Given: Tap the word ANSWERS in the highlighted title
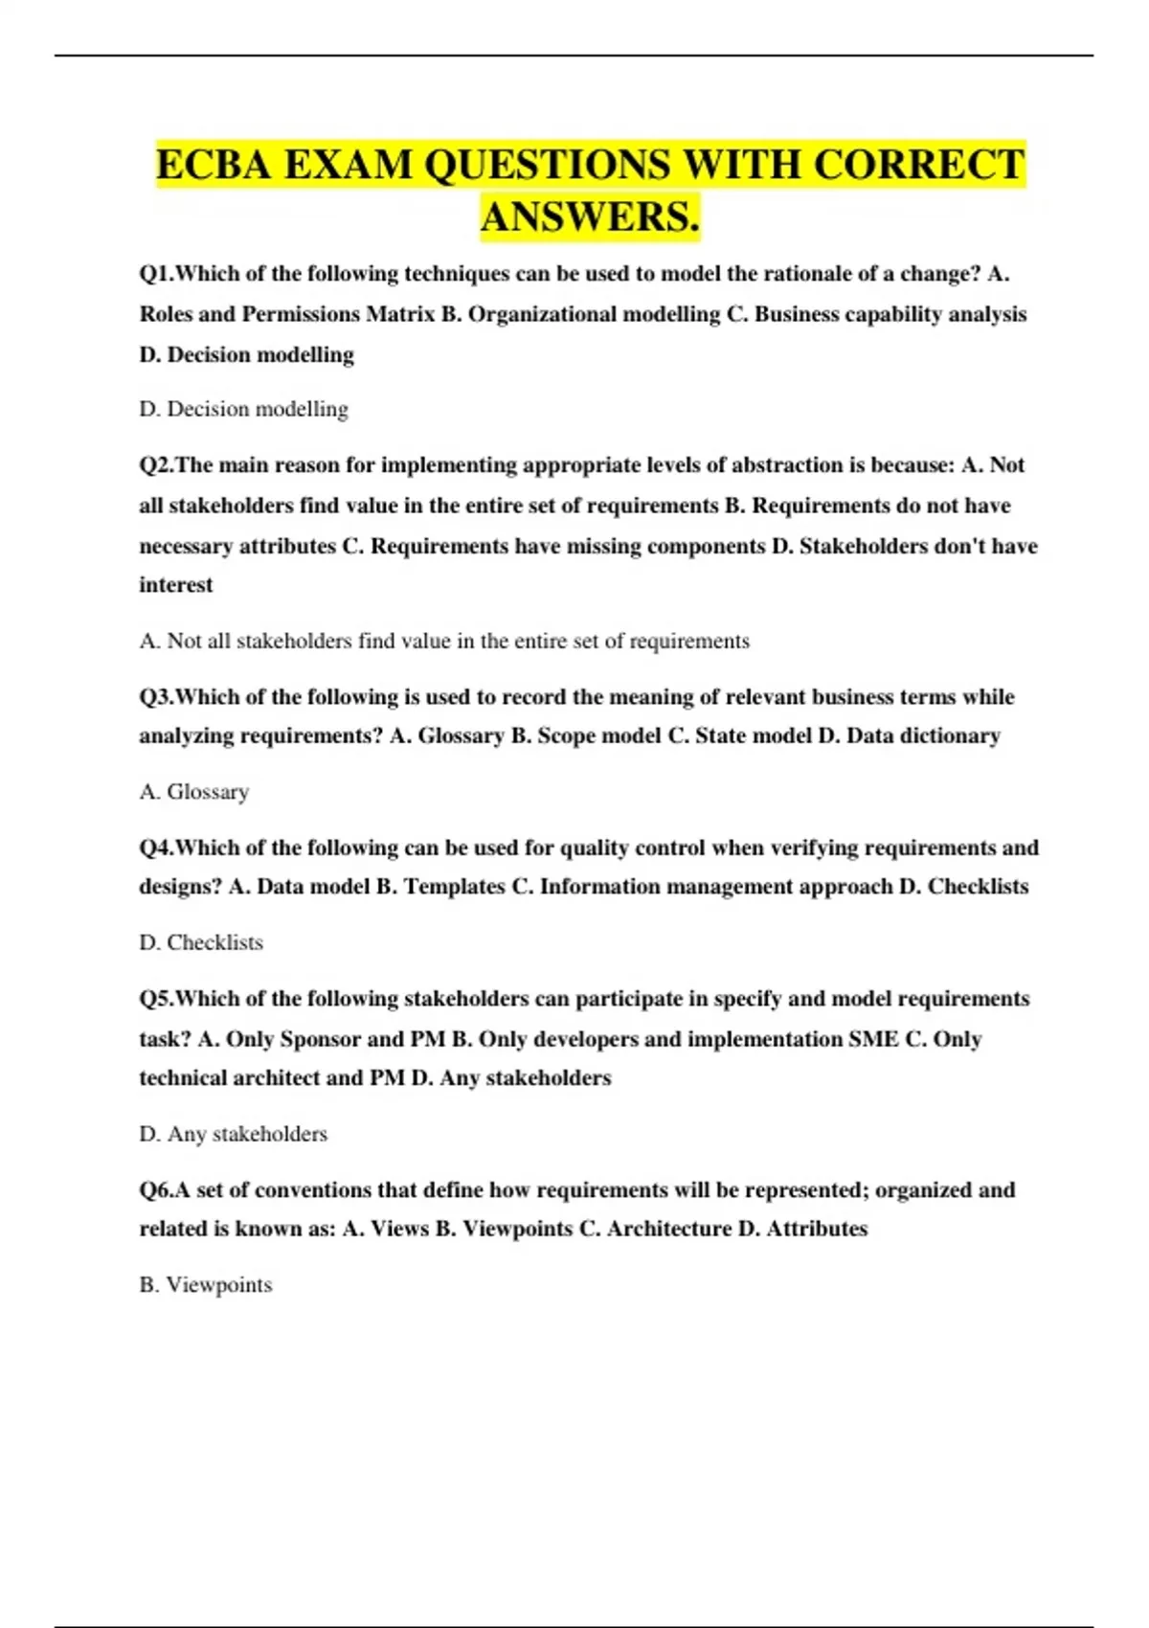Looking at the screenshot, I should (x=590, y=216).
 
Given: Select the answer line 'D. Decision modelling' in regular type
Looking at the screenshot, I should (x=243, y=409).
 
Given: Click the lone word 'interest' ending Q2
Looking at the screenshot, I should (x=176, y=585).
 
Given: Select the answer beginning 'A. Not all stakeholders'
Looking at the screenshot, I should (x=444, y=641).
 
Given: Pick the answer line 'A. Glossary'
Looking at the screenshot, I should (x=194, y=792).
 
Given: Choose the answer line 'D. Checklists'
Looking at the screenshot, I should (x=201, y=942).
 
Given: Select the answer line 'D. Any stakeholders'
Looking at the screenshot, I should (x=234, y=1134).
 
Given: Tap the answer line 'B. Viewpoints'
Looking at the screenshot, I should (x=206, y=1285).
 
